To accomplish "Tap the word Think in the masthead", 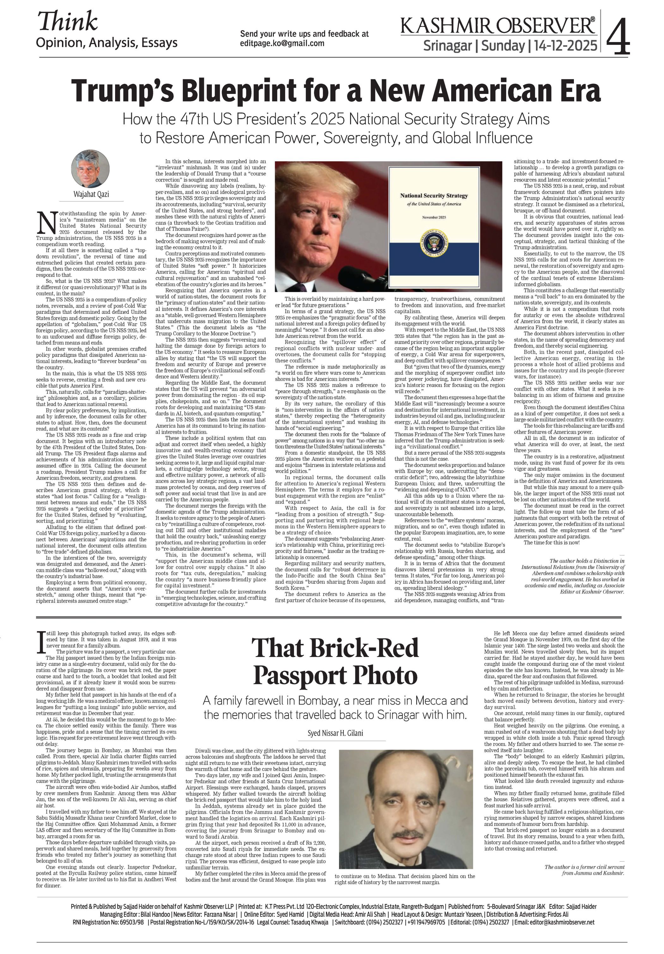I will tap(68, 21).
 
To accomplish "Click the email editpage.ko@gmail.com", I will tap(282, 43).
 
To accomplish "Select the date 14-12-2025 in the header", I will tap(565, 45).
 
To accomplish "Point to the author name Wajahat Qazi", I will tap(91, 194).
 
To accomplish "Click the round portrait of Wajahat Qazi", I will tap(90, 169).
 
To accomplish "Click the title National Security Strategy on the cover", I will tap(433, 195).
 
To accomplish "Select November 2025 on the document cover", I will tap(433, 218).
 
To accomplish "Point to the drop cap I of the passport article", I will tap(40, 642).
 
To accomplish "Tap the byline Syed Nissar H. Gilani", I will tap(335, 733).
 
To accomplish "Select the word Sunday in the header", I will tap(503, 45).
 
